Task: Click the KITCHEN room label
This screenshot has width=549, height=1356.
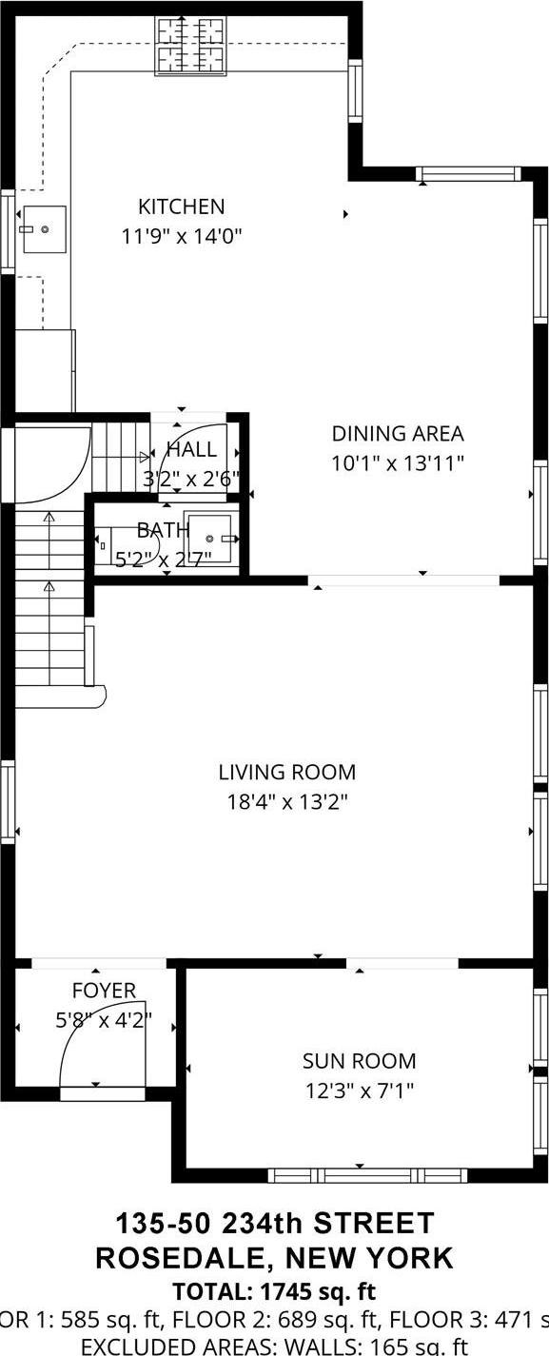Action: click(182, 206)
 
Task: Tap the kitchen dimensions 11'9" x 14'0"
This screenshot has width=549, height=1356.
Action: click(182, 236)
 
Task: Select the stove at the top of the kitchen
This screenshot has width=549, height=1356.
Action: click(191, 45)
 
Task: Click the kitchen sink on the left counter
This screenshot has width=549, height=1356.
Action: click(43, 229)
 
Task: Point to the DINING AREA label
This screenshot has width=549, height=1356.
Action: click(397, 434)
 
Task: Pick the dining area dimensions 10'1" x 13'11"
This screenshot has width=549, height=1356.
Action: click(397, 463)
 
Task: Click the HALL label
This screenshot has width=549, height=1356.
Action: click(191, 450)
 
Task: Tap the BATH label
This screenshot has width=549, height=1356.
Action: click(156, 529)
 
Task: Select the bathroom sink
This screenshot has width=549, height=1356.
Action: click(210, 539)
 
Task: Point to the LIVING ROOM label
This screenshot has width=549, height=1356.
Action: click(286, 772)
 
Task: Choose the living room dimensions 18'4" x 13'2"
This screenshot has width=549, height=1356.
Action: click(286, 801)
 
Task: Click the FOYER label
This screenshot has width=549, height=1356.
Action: click(104, 991)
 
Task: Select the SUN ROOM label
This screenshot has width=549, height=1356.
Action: click(359, 1061)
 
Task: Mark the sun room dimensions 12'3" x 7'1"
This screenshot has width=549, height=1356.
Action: click(359, 1091)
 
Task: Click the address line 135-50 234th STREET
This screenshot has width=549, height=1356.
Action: click(275, 1224)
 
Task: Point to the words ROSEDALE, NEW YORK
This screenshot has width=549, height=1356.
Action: click(275, 1258)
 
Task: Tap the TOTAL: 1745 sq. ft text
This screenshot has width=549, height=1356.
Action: click(275, 1292)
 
